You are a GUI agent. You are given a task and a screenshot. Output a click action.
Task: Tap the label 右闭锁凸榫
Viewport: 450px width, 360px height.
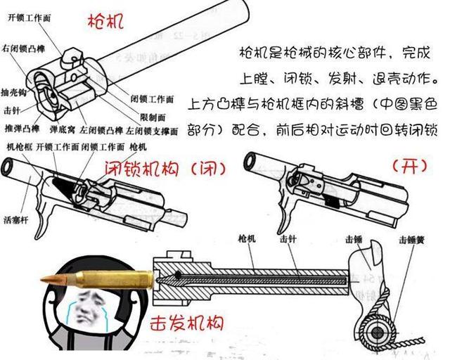tap(25, 49)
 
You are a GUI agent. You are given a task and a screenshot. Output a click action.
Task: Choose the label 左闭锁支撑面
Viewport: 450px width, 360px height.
tap(157, 131)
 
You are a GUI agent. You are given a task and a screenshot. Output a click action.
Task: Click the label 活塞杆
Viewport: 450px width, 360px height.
tap(18, 219)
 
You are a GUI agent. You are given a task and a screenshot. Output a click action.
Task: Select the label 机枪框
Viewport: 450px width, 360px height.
tap(19, 148)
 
